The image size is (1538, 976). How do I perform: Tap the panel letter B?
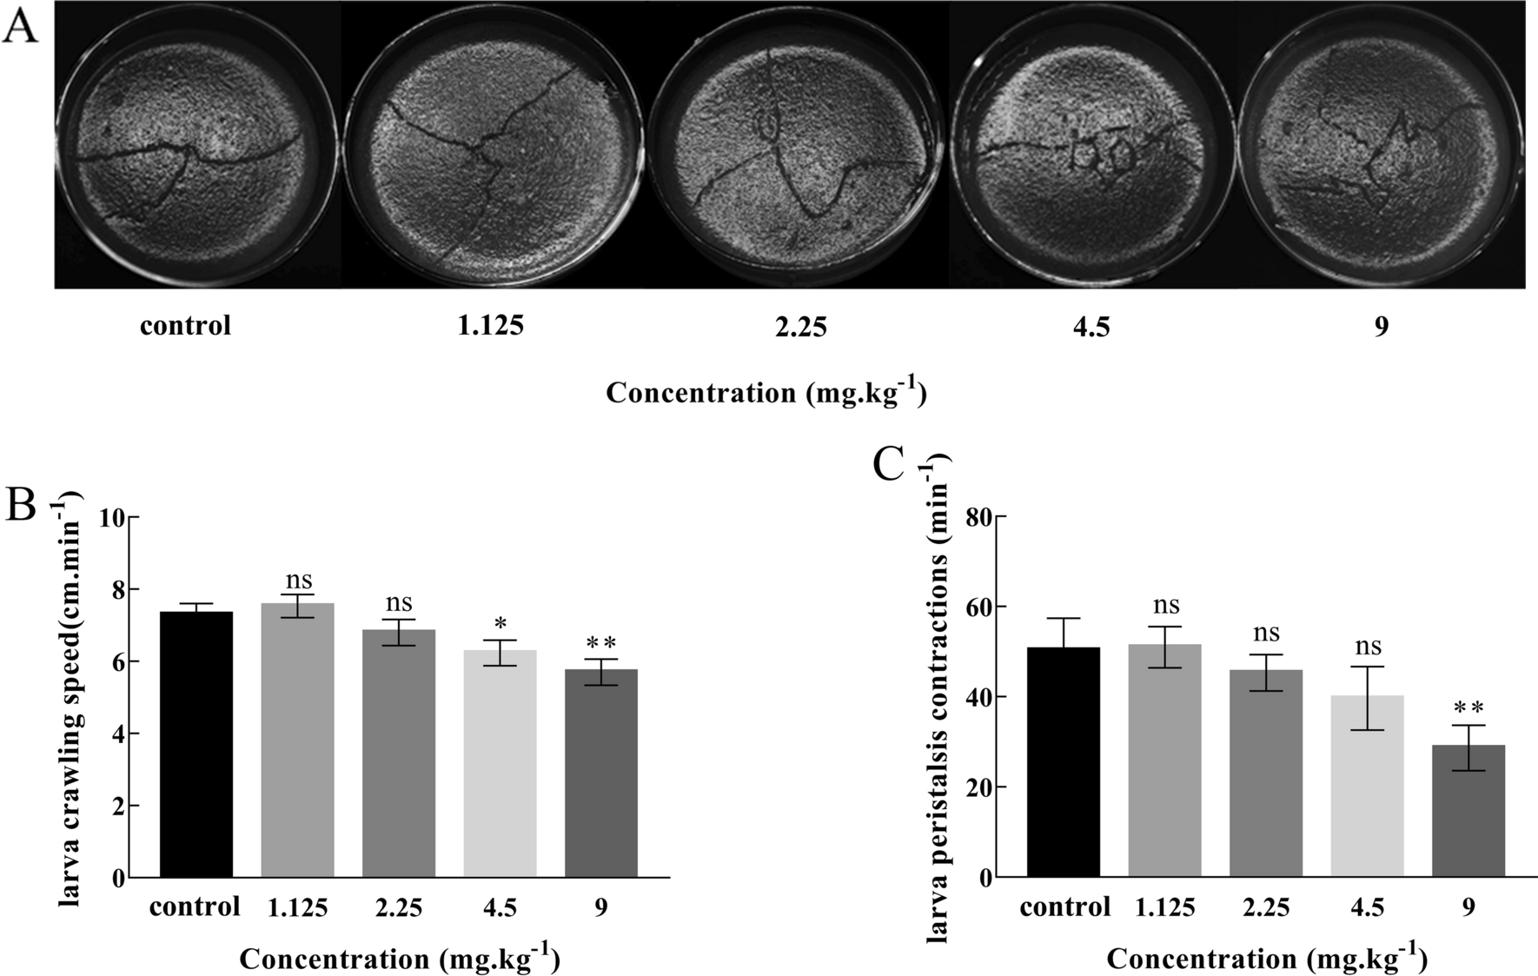click(20, 505)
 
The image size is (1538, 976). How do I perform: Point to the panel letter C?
click(888, 465)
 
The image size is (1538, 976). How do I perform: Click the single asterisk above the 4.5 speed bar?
click(500, 624)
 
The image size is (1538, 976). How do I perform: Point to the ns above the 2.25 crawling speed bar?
click(399, 603)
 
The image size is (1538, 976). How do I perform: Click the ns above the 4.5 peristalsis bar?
click(1368, 647)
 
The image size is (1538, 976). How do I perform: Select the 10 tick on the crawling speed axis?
click(113, 518)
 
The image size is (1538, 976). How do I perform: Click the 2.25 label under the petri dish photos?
click(799, 327)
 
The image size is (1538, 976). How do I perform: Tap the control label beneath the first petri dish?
click(185, 326)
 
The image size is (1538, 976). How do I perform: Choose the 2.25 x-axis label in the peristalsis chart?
click(1266, 908)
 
